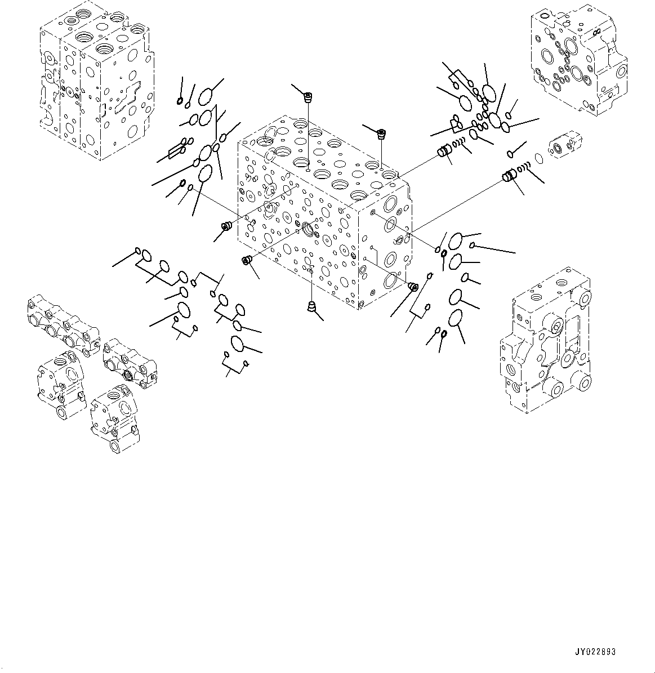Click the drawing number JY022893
(596, 652)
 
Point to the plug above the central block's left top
(308, 99)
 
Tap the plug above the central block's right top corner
(382, 134)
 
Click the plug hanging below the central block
(311, 307)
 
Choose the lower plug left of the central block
(246, 260)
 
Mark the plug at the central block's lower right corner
(412, 287)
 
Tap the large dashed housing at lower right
(545, 352)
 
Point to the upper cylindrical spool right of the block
(445, 151)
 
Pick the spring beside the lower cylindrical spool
(525, 167)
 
